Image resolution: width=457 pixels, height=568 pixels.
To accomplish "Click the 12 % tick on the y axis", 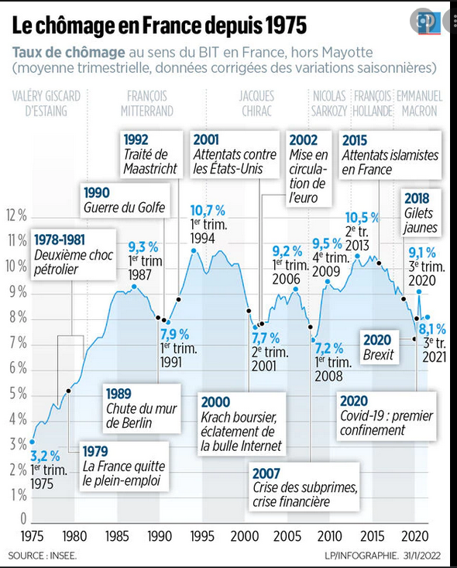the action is click(16, 215).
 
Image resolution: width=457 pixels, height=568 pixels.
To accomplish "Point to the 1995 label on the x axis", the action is click(202, 536).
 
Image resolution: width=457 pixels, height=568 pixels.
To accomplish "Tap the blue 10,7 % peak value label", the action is click(208, 211).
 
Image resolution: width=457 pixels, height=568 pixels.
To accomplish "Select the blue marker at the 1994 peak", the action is click(194, 250).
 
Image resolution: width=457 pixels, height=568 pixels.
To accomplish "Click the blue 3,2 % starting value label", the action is click(45, 456).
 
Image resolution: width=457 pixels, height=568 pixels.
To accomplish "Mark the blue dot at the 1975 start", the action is click(32, 442).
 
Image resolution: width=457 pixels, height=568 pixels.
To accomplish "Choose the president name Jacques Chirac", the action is click(256, 104).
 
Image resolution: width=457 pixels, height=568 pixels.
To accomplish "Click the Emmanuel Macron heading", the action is click(419, 104).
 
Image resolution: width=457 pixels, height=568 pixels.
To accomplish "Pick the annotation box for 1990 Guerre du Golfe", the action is click(125, 201).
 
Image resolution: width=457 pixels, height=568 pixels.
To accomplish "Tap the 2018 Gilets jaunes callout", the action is click(421, 213).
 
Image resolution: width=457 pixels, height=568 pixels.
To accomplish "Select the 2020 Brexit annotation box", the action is click(379, 347).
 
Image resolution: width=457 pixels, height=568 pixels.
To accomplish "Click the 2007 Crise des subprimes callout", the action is click(305, 487).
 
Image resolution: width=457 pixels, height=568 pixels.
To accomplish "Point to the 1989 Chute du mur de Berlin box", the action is click(142, 408).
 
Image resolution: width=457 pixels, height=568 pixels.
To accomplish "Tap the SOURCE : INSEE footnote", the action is click(43, 556).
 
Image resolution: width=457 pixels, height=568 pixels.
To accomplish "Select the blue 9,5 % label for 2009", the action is click(328, 244).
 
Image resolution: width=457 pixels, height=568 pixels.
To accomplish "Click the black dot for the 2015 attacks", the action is click(379, 263).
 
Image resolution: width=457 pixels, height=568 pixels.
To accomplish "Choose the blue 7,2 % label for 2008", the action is click(329, 349).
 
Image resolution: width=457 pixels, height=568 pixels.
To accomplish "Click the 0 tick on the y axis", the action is click(23, 518).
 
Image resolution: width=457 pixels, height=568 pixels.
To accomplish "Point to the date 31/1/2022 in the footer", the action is click(423, 556).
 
